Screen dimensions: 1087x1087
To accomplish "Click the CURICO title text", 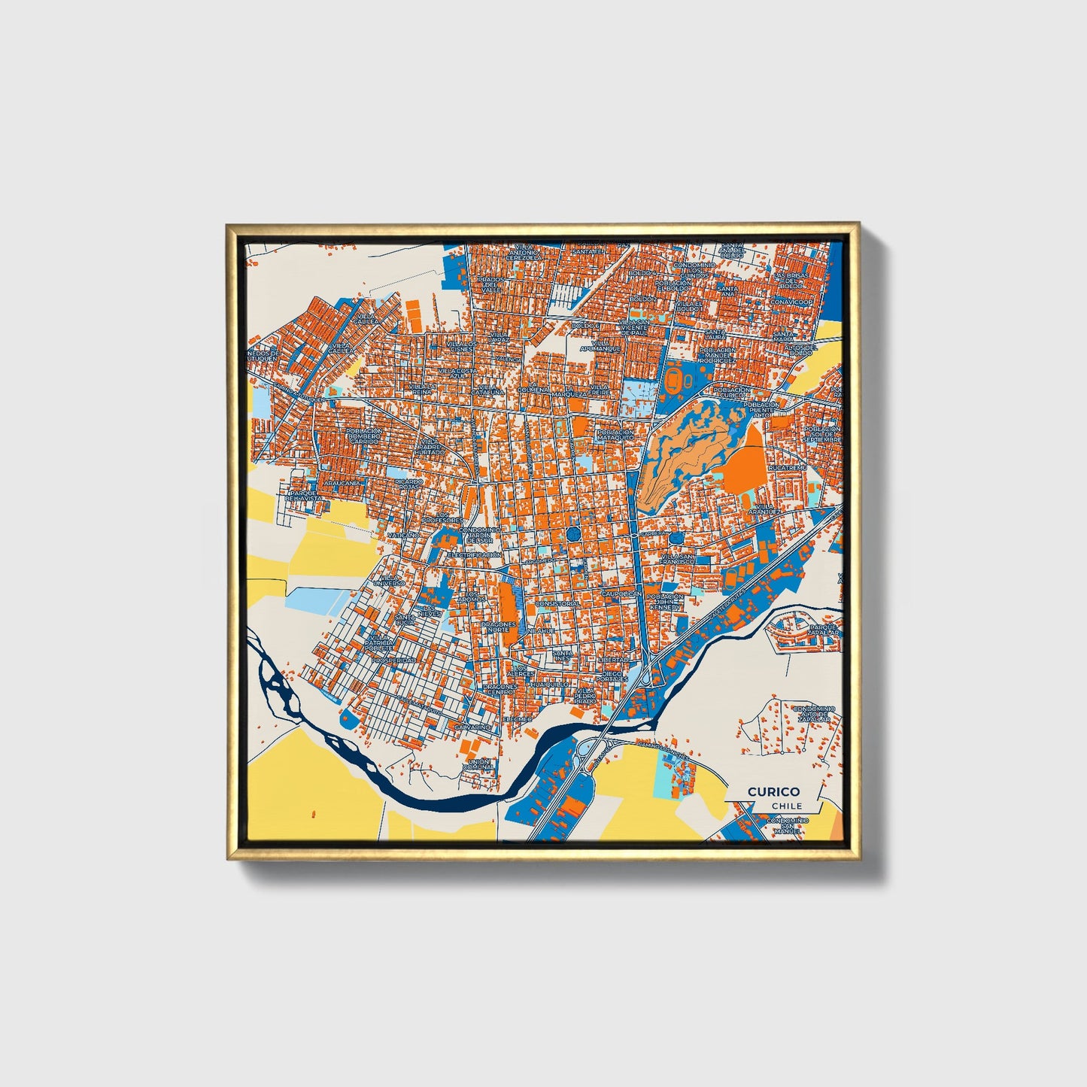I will point(773,791).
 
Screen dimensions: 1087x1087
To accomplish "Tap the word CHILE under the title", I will point(786,806).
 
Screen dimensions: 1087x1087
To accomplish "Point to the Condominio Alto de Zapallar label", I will point(814,714).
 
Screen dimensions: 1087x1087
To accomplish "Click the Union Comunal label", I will point(479,764).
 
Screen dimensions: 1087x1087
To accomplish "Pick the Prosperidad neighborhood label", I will point(393,660).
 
